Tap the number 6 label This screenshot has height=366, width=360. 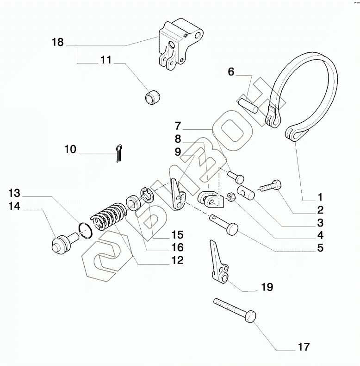pyautogui.click(x=231, y=71)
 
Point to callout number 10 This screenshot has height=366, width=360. pyautogui.click(x=70, y=149)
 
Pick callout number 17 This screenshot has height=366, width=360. pyautogui.click(x=304, y=347)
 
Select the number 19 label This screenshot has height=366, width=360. pyautogui.click(x=267, y=287)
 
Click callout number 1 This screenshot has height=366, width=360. pyautogui.click(x=320, y=196)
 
